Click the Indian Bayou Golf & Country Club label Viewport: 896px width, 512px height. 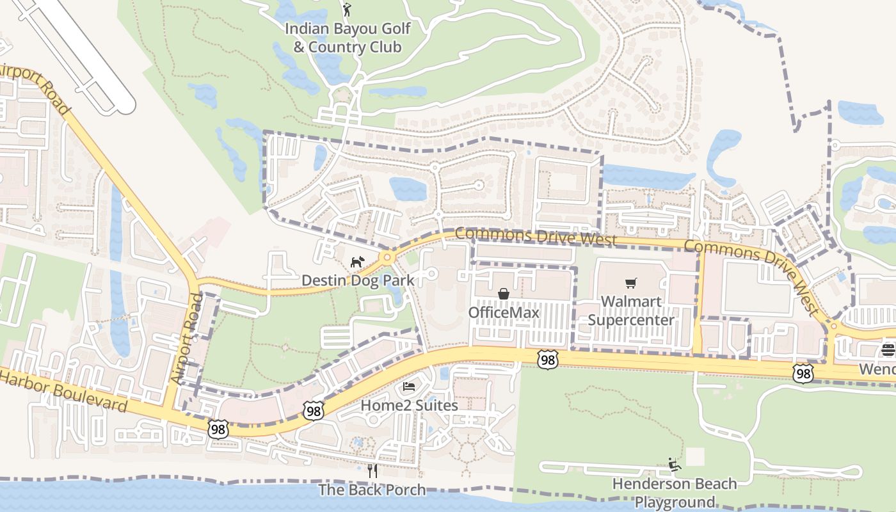348,38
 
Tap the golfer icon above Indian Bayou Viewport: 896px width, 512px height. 347,10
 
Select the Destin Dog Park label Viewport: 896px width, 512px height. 357,280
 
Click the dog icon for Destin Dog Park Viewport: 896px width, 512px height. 356,262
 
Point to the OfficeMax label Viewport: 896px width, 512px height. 504,312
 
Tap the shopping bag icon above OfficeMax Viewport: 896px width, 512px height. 504,294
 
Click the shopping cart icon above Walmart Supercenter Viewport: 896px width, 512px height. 631,283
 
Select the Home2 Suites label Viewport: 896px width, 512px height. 409,405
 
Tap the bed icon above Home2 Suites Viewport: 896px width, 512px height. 409,387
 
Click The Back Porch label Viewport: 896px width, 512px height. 372,490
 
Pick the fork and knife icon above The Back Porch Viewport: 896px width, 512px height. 372,471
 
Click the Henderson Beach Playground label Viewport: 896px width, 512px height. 675,492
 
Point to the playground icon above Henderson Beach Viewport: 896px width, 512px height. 675,464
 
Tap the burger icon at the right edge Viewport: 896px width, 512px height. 888,350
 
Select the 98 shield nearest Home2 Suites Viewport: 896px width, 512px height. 313,411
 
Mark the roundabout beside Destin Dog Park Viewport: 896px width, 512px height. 387,258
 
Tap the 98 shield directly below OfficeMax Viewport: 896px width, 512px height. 547,360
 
